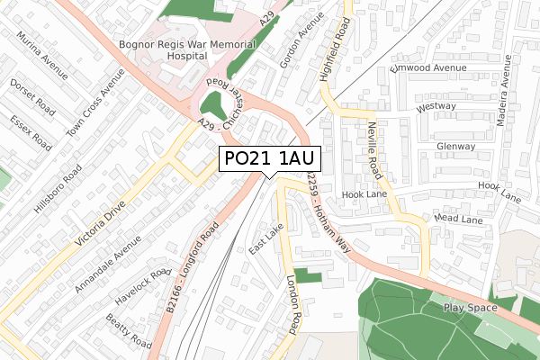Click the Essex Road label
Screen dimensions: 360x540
coord(27,131)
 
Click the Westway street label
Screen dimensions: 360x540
coord(436,106)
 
